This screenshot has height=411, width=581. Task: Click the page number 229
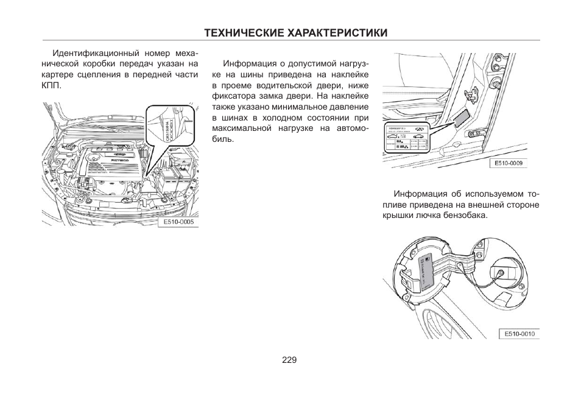point(289,360)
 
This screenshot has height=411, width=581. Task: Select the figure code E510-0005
point(178,222)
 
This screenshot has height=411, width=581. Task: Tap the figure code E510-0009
point(509,163)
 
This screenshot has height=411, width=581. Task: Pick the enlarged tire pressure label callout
point(406,139)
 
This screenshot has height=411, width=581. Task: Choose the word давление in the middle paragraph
point(343,107)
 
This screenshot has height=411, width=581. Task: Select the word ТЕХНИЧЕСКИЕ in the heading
point(245,33)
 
